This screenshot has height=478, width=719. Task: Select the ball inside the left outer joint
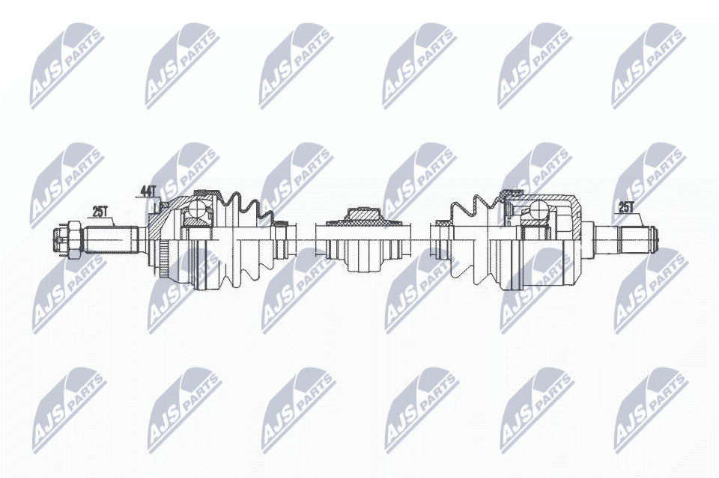tap(198, 209)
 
